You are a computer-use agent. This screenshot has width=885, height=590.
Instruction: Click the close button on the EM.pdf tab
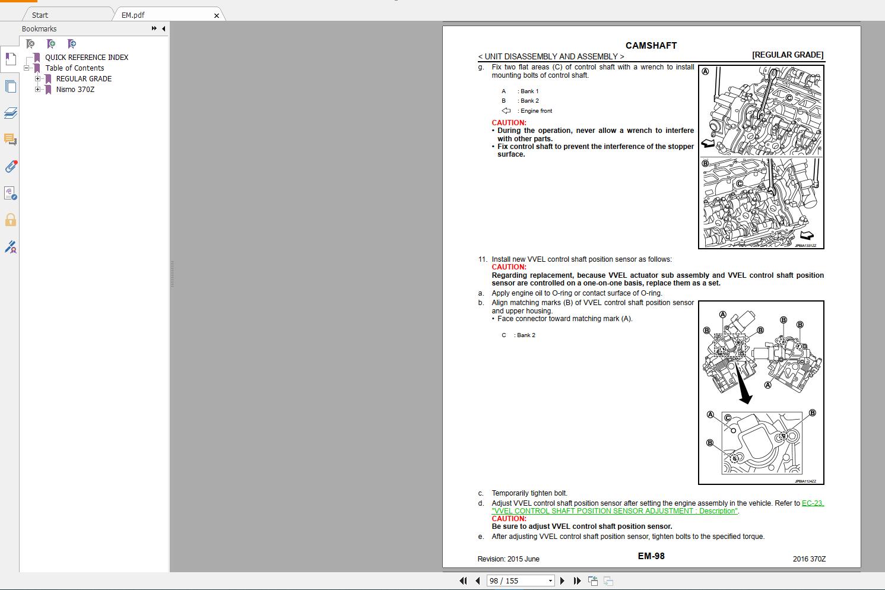click(217, 15)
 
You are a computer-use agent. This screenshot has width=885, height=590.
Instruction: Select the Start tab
click(40, 15)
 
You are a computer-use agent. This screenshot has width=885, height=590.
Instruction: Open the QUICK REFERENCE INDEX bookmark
click(87, 58)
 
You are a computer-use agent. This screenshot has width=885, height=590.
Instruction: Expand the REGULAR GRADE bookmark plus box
click(37, 78)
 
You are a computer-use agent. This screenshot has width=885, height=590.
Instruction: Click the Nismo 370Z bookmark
click(75, 89)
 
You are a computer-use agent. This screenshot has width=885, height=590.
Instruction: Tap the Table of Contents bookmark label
click(75, 68)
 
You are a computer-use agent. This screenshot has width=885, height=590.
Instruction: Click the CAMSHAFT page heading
click(651, 46)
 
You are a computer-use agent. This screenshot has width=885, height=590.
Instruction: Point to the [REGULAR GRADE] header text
click(788, 55)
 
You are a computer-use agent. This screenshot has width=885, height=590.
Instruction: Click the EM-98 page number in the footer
click(651, 556)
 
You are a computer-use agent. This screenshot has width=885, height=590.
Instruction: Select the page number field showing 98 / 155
click(520, 581)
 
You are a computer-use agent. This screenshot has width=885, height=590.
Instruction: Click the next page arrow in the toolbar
click(563, 581)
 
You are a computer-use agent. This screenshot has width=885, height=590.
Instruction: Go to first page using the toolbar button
click(463, 581)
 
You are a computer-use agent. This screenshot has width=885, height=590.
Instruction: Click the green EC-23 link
click(813, 503)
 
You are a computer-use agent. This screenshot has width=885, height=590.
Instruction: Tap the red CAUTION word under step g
click(509, 122)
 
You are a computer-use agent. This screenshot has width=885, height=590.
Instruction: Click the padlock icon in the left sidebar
click(11, 220)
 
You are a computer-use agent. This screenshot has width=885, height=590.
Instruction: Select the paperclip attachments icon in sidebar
click(11, 166)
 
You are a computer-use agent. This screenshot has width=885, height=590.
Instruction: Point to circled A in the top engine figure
click(705, 72)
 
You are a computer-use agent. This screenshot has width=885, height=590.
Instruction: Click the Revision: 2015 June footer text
click(508, 559)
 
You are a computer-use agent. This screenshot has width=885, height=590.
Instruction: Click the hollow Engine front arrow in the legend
click(506, 110)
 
